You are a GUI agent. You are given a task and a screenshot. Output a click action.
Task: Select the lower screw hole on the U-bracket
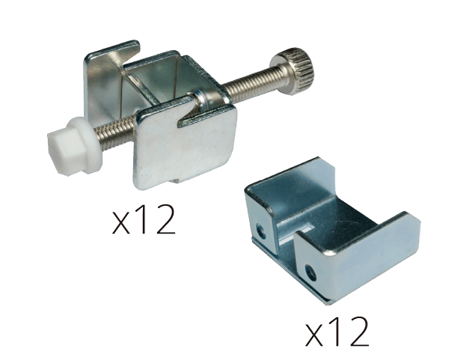tap(311, 273)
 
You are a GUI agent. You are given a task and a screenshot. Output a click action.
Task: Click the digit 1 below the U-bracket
tap(335, 332)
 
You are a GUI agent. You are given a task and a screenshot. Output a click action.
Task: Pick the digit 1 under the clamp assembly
tap(141, 219)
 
